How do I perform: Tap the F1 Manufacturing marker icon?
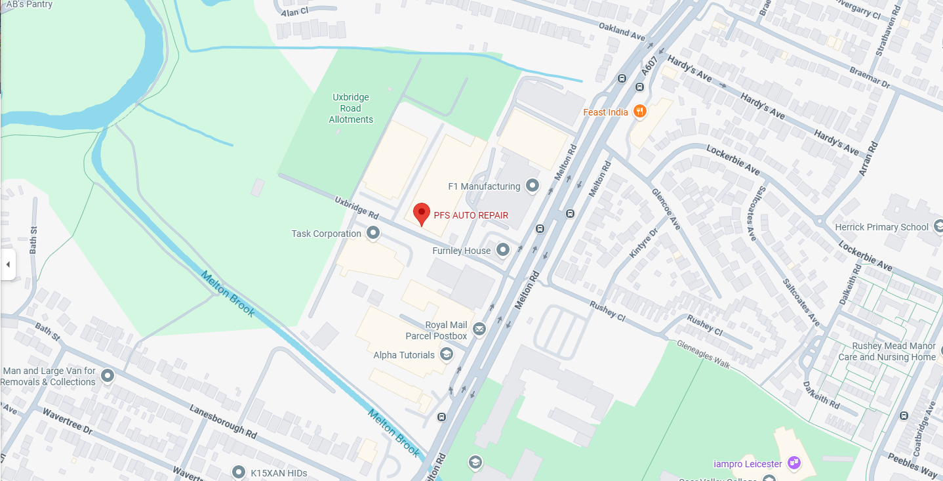point(532,186)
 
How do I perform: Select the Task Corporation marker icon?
point(373,234)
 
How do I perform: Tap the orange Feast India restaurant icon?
point(641,112)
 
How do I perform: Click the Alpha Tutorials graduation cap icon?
point(447,355)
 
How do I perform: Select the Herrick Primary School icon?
point(938,227)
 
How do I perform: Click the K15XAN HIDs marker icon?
point(239,472)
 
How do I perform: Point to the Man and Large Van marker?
point(108,376)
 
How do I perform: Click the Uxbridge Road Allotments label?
point(351,108)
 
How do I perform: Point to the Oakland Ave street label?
point(622,30)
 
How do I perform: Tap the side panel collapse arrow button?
point(8,264)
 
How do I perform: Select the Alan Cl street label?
point(294,12)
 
